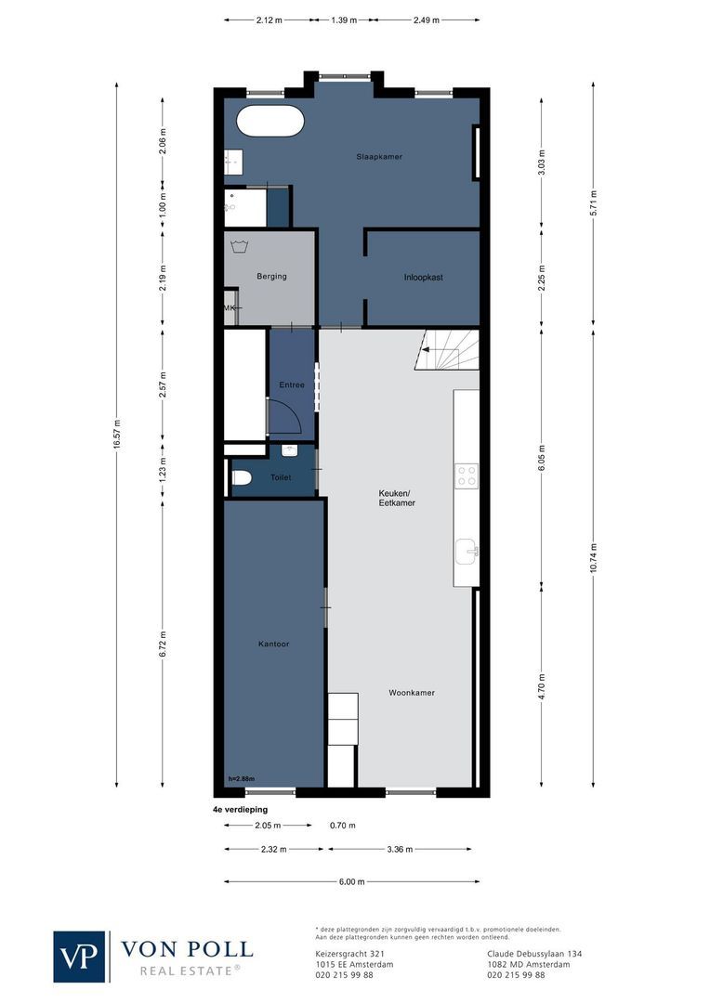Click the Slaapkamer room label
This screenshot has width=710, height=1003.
click(379, 157)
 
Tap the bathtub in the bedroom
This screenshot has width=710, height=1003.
click(270, 121)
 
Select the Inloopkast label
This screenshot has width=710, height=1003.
click(423, 278)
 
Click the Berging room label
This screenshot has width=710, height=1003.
click(271, 277)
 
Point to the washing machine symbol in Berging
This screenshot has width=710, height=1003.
click(241, 246)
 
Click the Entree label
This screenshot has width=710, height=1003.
click(292, 385)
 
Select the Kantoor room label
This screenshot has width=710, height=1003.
click(273, 645)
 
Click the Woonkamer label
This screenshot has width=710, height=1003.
click(412, 693)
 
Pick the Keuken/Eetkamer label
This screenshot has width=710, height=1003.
click(397, 498)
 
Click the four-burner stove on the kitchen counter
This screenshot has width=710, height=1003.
click(467, 475)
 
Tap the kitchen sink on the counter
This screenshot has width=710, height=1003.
click(467, 552)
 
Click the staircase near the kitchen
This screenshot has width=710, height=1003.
click(447, 350)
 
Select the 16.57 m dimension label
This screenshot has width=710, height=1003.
click(116, 435)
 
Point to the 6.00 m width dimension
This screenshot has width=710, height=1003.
click(351, 881)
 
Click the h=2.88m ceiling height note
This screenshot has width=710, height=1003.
click(242, 778)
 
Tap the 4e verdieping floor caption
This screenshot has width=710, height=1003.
click(240, 810)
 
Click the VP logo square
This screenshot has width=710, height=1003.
click(79, 957)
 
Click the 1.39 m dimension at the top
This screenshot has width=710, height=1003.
click(344, 20)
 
